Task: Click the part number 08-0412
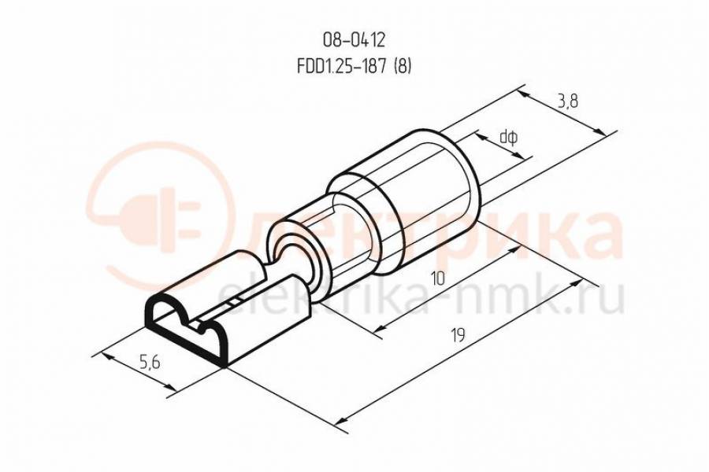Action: point(354,41)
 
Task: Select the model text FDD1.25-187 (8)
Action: point(354,66)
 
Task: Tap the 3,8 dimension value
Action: point(567,102)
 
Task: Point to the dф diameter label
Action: point(508,137)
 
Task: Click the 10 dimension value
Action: point(437,278)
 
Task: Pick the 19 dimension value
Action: point(458,336)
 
